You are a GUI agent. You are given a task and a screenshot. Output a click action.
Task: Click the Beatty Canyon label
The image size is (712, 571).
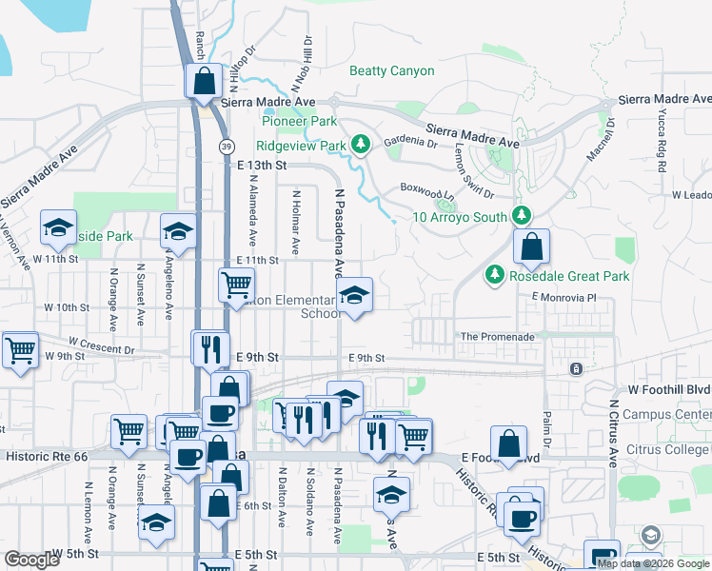pyautogui.click(x=391, y=71)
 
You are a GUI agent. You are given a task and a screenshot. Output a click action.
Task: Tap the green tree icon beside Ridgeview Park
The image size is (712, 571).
pyautogui.click(x=360, y=145)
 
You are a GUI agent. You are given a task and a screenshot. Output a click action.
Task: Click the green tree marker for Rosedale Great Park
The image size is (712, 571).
pyautogui.click(x=494, y=276)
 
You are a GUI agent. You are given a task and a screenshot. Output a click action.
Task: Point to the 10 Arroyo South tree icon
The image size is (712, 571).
pyautogui.click(x=521, y=216)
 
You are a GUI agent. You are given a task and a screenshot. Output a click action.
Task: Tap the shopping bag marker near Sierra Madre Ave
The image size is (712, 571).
pyautogui.click(x=204, y=82)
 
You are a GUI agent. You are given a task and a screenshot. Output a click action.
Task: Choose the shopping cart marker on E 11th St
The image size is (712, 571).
pyautogui.click(x=236, y=284)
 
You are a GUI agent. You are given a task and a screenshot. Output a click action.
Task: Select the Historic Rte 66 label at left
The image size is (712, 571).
pyautogui.click(x=47, y=457)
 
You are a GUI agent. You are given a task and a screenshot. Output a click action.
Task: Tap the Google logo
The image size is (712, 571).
pyautogui.click(x=31, y=560)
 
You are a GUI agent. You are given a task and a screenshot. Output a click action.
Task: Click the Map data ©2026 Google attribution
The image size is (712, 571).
pyautogui.click(x=653, y=562)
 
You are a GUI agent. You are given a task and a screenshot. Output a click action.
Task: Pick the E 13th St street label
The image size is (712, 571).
pyautogui.click(x=261, y=165)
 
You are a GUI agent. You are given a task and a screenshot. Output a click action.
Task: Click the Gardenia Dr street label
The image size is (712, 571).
pyautogui.click(x=409, y=144)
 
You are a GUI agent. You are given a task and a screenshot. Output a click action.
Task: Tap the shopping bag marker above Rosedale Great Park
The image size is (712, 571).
pyautogui.click(x=531, y=247)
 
